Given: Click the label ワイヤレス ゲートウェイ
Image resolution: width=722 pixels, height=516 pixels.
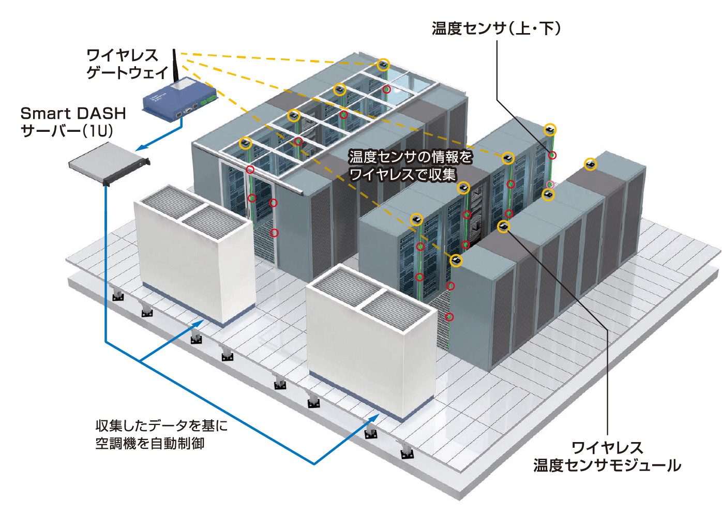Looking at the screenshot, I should (x=126, y=64).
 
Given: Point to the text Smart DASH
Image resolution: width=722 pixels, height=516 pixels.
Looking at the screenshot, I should (x=73, y=113).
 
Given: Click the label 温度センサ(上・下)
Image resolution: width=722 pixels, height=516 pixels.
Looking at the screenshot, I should (x=496, y=28).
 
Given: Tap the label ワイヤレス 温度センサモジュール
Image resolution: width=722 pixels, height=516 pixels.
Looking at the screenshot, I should (x=607, y=457).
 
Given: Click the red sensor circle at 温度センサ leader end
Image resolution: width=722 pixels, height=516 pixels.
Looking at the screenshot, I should (x=552, y=155).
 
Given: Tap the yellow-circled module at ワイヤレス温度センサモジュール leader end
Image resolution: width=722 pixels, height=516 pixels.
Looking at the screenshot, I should (x=503, y=226).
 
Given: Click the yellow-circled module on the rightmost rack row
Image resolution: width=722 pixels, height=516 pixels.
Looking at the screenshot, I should (x=590, y=164).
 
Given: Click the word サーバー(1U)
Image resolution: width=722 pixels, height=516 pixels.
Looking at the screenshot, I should (x=67, y=131).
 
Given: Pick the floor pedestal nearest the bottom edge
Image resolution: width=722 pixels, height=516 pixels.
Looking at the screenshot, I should (x=407, y=453).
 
